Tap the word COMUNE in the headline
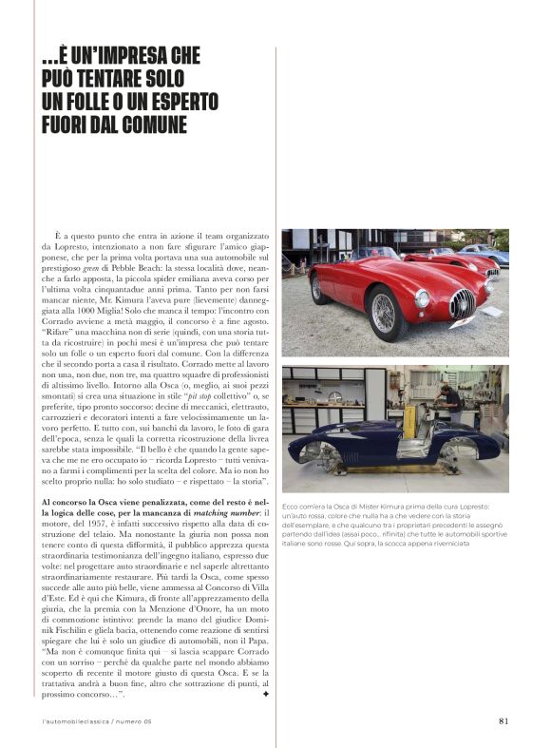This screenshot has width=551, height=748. pos(144,125)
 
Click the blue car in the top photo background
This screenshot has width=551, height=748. pos(488,255)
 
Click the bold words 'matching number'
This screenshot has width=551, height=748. pos(218,514)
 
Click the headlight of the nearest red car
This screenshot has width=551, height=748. pos(423,299)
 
